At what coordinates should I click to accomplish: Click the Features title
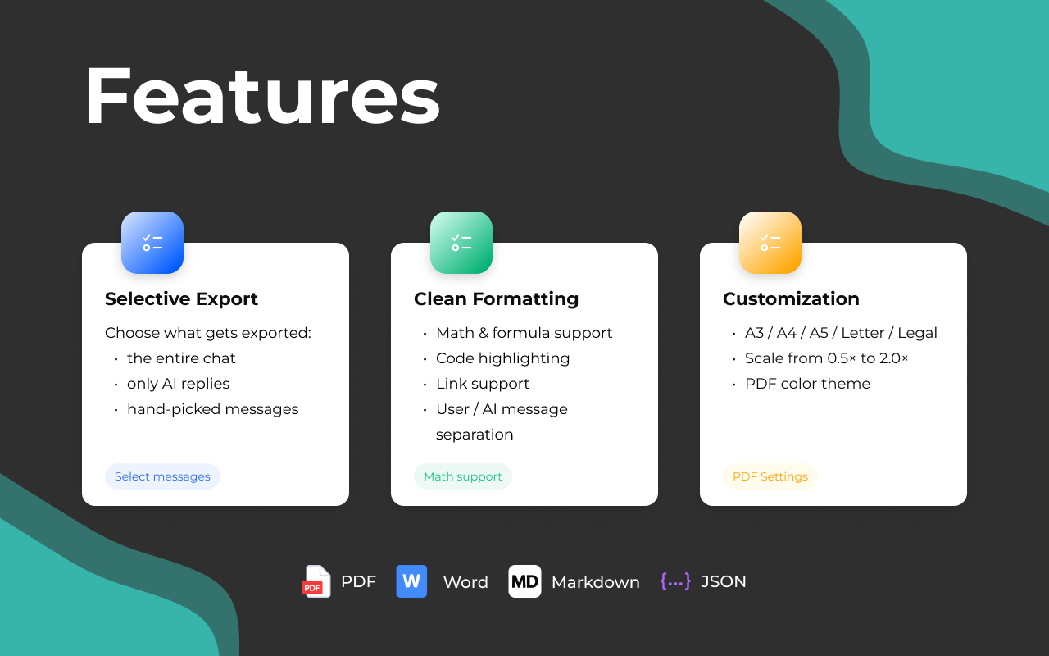(x=262, y=96)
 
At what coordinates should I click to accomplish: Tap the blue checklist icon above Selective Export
(x=152, y=242)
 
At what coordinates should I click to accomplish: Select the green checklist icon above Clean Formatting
(x=461, y=242)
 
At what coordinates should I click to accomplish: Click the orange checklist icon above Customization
(x=770, y=242)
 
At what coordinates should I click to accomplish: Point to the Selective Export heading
(x=181, y=299)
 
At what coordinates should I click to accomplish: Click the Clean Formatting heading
(x=497, y=299)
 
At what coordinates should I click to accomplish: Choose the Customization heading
(x=791, y=299)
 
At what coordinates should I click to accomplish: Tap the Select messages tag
(x=162, y=476)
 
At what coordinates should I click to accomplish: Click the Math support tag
(x=463, y=476)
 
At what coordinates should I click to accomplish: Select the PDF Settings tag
(x=770, y=476)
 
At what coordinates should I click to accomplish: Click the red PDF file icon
(x=316, y=581)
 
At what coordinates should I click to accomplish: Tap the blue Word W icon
(x=411, y=581)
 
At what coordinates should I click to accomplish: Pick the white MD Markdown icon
(x=525, y=581)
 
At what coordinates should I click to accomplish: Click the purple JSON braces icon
(x=675, y=581)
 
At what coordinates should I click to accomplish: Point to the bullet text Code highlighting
(x=503, y=358)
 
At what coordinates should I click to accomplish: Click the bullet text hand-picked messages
(x=212, y=409)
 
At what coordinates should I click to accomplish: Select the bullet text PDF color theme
(x=807, y=384)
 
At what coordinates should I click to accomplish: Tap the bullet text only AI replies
(x=179, y=384)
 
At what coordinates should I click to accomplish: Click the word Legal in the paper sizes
(x=917, y=333)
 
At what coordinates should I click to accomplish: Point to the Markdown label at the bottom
(x=596, y=582)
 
